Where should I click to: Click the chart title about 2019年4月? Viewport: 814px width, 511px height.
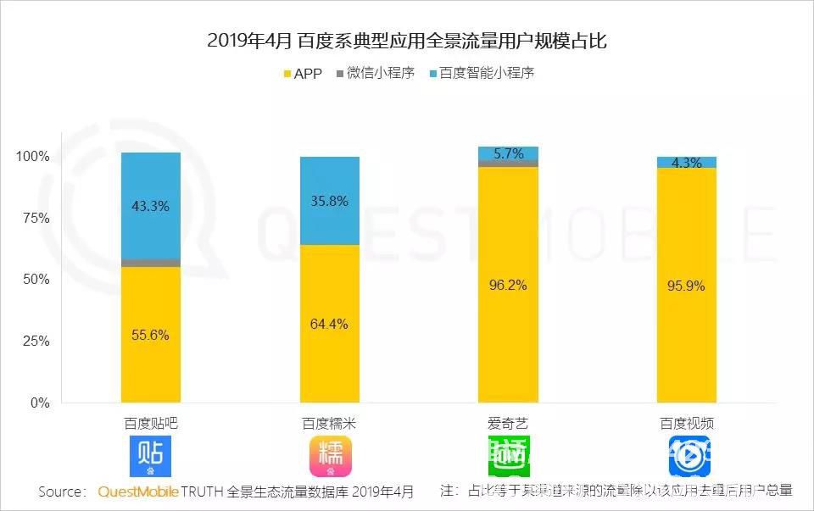[x=408, y=40]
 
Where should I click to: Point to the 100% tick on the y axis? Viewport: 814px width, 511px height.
[x=34, y=157]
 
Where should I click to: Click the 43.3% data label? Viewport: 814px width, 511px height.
[x=151, y=206]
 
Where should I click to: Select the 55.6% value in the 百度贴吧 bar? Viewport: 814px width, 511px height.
[x=151, y=335]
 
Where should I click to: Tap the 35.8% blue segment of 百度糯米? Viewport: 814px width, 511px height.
[x=330, y=201]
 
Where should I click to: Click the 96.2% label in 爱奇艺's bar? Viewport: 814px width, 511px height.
[x=508, y=285]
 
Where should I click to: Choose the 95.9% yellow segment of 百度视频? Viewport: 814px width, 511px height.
[x=686, y=286]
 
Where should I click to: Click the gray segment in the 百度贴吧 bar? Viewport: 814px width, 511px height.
[x=151, y=263]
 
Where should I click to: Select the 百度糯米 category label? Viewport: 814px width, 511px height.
[x=330, y=422]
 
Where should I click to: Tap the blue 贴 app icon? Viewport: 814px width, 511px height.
[x=151, y=456]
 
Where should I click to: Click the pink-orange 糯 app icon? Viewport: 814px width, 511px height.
[x=330, y=456]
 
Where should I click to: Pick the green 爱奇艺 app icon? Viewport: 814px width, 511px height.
[x=508, y=456]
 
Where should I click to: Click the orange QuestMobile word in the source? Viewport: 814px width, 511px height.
[x=138, y=492]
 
